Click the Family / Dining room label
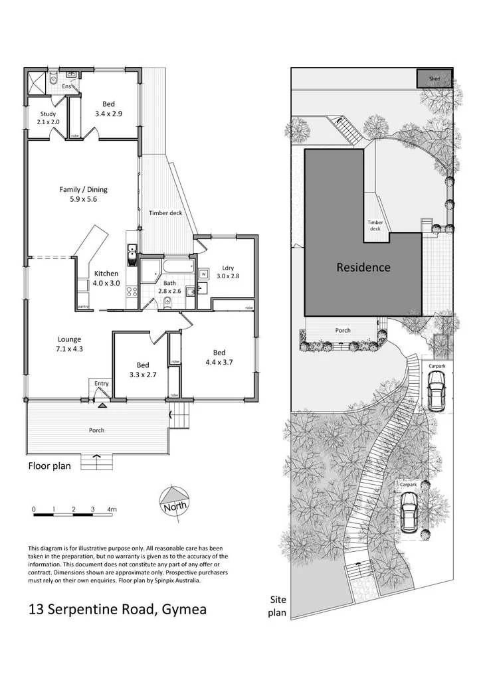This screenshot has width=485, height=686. pyautogui.click(x=83, y=194)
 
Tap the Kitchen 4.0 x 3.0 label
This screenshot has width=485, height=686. pyautogui.click(x=106, y=278)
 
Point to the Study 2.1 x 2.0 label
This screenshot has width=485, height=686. pyautogui.click(x=48, y=118)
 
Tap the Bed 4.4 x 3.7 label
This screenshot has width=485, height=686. pyautogui.click(x=219, y=357)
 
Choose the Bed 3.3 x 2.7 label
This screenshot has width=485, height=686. pyautogui.click(x=143, y=369)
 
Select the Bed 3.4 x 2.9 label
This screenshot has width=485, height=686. pyautogui.click(x=108, y=108)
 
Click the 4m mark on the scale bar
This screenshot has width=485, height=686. pyautogui.click(x=112, y=509)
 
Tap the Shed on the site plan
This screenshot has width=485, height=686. pyautogui.click(x=435, y=78)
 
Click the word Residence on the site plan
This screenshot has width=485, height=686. pyautogui.click(x=363, y=268)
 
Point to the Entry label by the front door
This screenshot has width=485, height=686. pyautogui.click(x=101, y=383)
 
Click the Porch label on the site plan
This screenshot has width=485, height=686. pyautogui.click(x=343, y=330)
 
